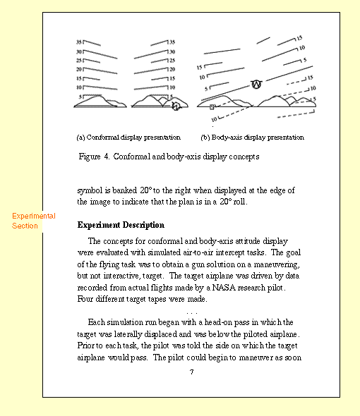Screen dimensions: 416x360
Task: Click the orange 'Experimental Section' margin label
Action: point(33,221)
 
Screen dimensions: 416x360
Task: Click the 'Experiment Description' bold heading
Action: point(121,226)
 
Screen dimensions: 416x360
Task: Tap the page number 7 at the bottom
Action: point(191,372)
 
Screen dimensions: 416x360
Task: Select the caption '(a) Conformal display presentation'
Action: point(128,137)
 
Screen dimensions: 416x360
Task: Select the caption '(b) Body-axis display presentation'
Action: point(252,137)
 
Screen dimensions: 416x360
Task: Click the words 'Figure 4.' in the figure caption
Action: point(95,157)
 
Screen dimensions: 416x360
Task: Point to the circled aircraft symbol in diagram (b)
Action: point(257,85)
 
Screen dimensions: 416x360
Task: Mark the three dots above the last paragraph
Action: point(191,311)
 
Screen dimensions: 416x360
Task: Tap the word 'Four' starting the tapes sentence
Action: point(86,300)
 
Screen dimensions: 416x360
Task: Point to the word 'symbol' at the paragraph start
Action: point(90,190)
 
